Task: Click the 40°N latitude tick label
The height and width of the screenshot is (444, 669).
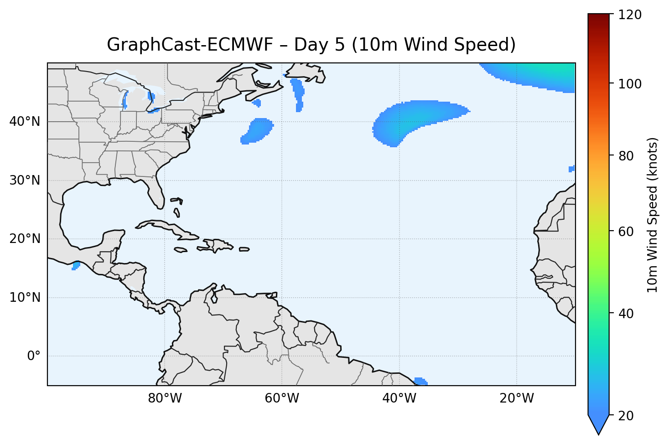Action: [x=25, y=122]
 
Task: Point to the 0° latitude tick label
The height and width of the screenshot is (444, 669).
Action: [x=34, y=356]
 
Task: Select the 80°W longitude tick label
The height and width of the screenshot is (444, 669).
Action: [x=165, y=398]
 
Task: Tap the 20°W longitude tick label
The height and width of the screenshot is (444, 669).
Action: [x=517, y=398]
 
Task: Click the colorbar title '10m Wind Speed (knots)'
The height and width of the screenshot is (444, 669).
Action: [x=653, y=215]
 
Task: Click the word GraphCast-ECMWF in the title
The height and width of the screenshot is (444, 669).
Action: [x=190, y=45]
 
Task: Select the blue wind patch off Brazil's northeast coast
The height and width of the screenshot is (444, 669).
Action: [x=420, y=381]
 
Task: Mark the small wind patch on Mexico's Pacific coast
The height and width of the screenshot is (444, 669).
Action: [x=76, y=266]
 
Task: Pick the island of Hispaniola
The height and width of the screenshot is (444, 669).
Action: [x=216, y=245]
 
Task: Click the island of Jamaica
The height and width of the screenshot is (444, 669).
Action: [x=181, y=250]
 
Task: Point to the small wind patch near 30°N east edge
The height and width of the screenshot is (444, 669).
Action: [x=571, y=169]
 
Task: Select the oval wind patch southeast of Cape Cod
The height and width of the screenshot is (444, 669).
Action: [x=258, y=130]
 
